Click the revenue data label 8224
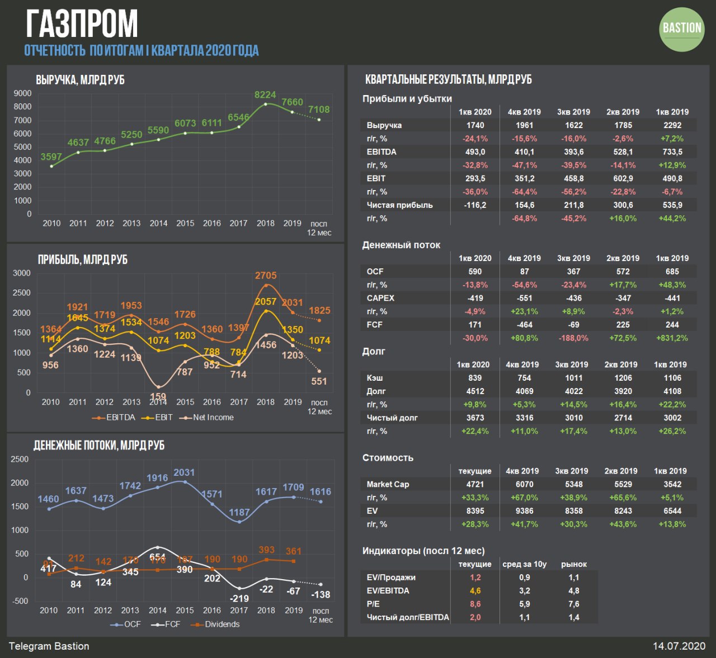tap(265, 95)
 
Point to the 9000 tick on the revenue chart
tap(22, 93)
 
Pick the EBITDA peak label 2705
tap(266, 276)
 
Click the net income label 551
tap(319, 381)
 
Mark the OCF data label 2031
tap(184, 473)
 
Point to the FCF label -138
tap(320, 595)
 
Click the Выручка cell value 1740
tap(475, 125)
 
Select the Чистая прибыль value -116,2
tap(475, 205)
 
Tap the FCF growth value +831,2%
tap(672, 338)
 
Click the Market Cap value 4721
tap(475, 484)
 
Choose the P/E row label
tap(373, 604)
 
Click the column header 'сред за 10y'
tap(524, 564)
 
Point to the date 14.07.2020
tap(679, 646)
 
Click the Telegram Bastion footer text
tap(49, 646)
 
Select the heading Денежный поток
tap(401, 245)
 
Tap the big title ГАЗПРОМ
tap(82, 23)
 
